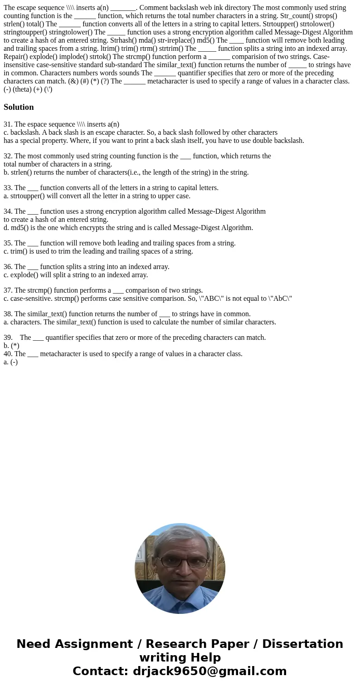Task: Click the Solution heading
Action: [19, 107]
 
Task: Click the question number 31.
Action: [8, 124]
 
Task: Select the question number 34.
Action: [8, 211]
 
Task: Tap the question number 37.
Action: [8, 290]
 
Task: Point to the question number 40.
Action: [8, 354]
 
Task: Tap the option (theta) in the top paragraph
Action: [22, 89]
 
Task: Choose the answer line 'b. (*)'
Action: [11, 346]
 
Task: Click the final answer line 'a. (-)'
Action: [10, 362]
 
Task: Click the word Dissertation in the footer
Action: [302, 644]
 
